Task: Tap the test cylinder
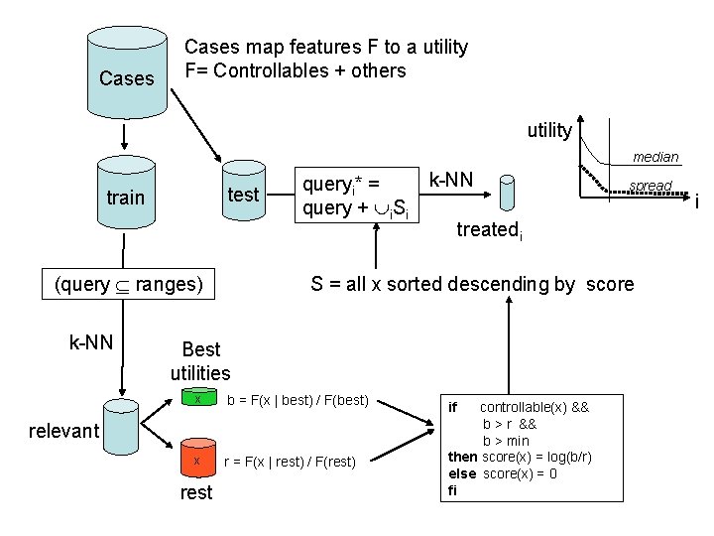click(244, 195)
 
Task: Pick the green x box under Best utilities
click(198, 400)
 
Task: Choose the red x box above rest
click(198, 460)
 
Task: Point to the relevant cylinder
click(121, 431)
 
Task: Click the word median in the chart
click(655, 157)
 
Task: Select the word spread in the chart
click(651, 186)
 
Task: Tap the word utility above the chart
click(548, 130)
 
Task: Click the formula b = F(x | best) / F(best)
click(297, 401)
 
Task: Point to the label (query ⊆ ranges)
click(129, 285)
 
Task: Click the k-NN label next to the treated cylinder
click(451, 180)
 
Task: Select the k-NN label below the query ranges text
click(90, 343)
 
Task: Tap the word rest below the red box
click(196, 492)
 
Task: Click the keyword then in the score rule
click(462, 456)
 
